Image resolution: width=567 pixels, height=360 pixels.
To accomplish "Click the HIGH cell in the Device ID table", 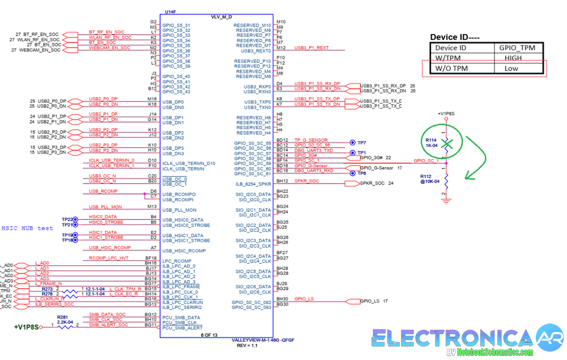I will pyautogui.click(x=513, y=58).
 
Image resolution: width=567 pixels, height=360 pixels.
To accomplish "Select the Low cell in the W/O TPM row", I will pyautogui.click(x=511, y=69).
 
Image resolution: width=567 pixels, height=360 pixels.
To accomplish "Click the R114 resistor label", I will pyautogui.click(x=431, y=140).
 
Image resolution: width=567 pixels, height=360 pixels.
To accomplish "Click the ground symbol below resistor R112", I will pyautogui.click(x=447, y=200).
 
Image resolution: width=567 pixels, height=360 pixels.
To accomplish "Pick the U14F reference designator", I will pyautogui.click(x=170, y=12).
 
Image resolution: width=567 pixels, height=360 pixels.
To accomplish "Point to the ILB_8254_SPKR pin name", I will pyautogui.click(x=253, y=184).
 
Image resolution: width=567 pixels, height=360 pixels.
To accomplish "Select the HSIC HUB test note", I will pyautogui.click(x=27, y=228).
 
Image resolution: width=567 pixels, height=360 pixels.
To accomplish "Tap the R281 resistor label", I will pyautogui.click(x=62, y=317).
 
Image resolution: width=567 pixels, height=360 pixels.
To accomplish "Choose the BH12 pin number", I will pyautogui.click(x=282, y=181).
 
